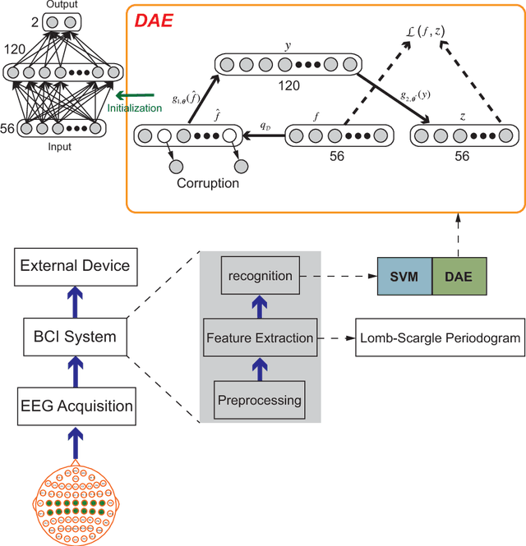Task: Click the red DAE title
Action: point(155,19)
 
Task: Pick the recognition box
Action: point(260,276)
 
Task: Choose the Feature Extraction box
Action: point(260,337)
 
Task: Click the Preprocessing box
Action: point(260,401)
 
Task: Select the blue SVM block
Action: point(404,275)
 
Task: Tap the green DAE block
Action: point(459,275)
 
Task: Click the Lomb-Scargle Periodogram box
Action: point(440,338)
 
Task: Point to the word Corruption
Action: point(207,184)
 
